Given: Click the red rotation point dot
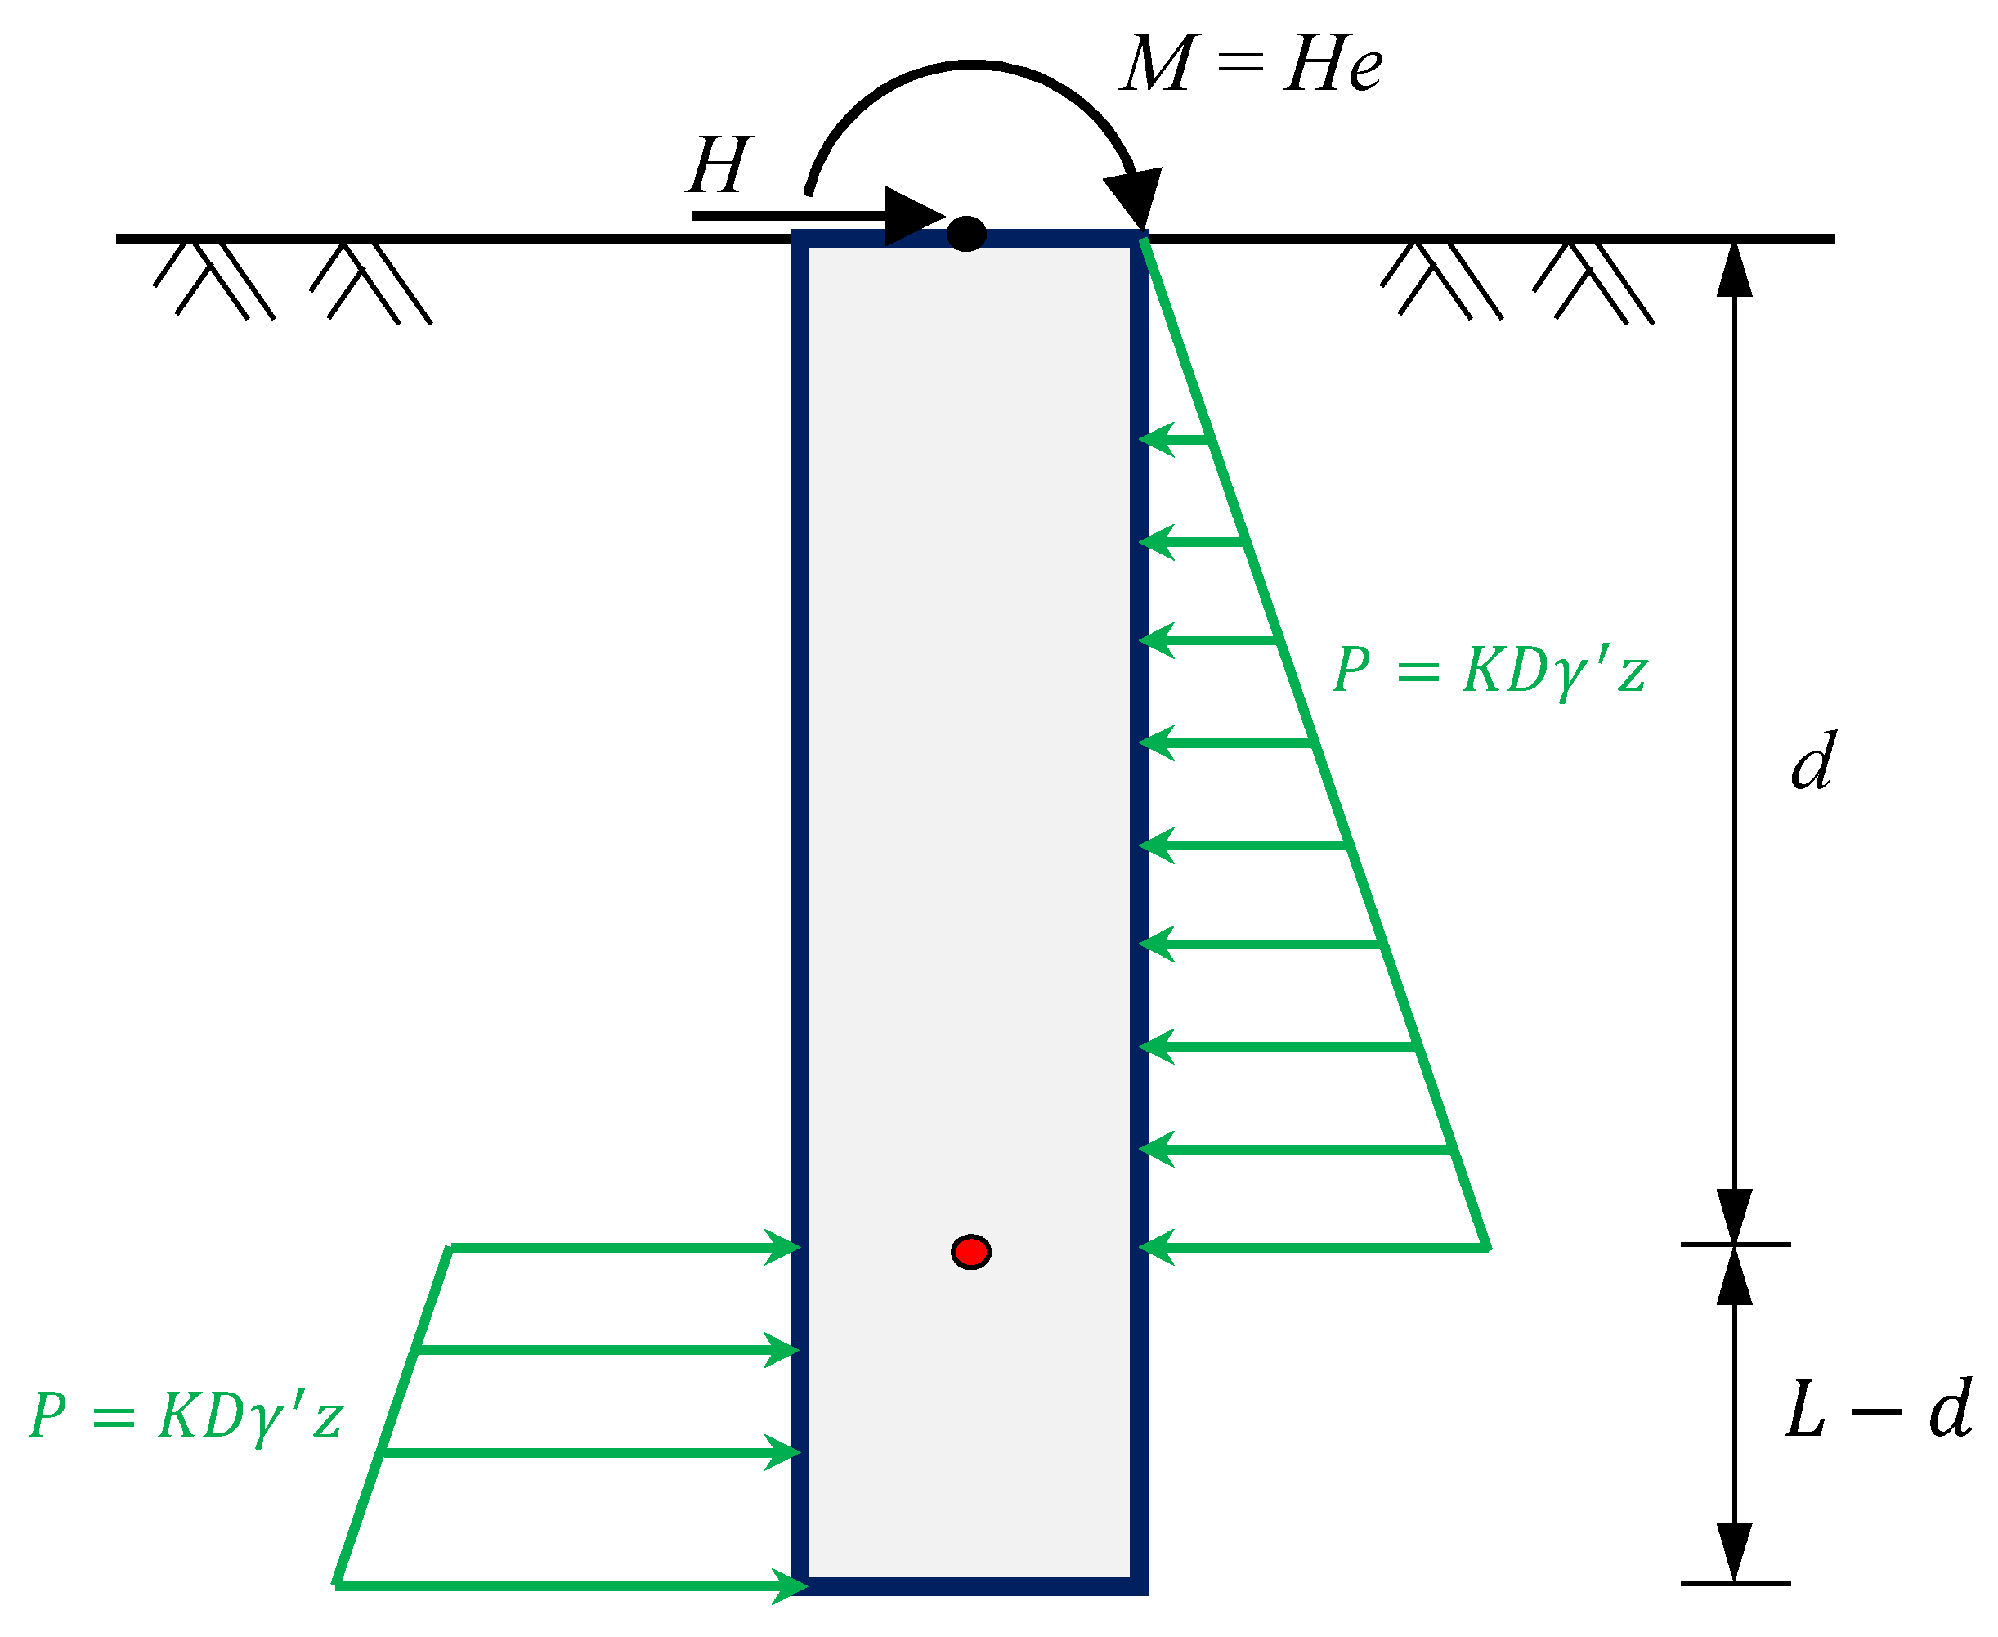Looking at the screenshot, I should click(970, 1251).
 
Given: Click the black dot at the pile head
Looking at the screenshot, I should click(966, 233).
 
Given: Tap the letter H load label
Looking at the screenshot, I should click(719, 165).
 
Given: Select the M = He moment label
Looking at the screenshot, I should click(1252, 64).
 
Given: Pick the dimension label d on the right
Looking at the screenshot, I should click(1812, 761).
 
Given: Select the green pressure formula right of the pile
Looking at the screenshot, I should click(1490, 671).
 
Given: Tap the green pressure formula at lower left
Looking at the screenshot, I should click(186, 1416).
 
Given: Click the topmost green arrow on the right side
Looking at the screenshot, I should click(1174, 439).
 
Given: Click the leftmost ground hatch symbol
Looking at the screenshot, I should click(214, 281).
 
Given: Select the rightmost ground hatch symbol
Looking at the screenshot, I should click(1593, 283).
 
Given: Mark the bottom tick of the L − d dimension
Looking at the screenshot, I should click(1735, 1583).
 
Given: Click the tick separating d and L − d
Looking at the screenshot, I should click(1735, 1245).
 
